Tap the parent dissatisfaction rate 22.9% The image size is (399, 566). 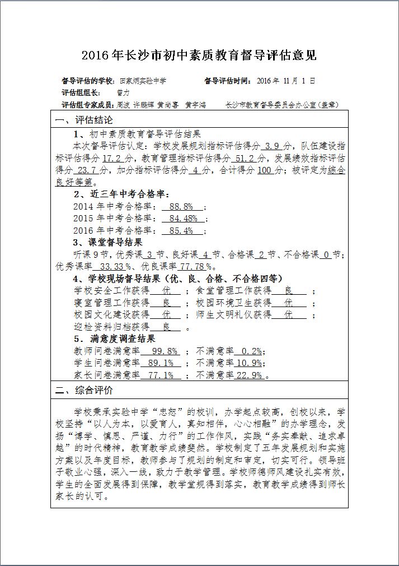tap(250, 375)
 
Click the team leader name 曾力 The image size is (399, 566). tap(123, 92)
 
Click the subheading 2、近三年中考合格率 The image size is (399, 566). tap(121, 194)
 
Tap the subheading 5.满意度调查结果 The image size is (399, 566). tap(114, 338)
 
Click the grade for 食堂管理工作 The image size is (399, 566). tap(289, 291)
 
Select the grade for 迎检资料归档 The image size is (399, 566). tap(167, 327)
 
